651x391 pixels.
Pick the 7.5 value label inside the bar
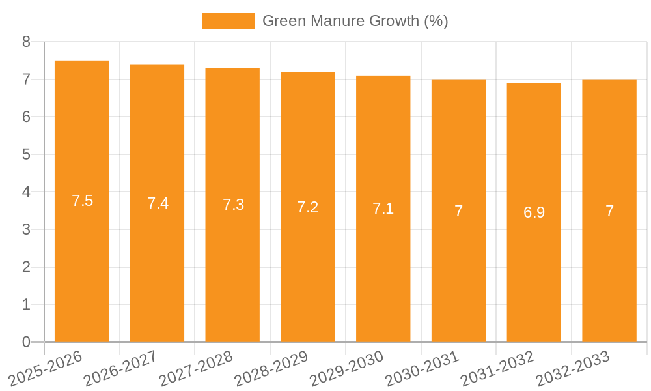[x=83, y=201]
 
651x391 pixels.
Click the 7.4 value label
[x=158, y=203]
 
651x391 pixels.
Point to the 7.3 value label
[x=233, y=205]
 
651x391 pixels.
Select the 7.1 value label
[x=383, y=209]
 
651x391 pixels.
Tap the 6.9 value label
[x=534, y=212]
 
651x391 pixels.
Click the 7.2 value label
[x=308, y=207]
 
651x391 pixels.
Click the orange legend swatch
[x=228, y=21]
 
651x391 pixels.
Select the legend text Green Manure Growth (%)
[x=355, y=21]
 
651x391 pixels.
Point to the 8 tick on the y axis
[x=26, y=42]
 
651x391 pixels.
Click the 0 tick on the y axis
[x=26, y=342]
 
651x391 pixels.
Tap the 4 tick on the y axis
[x=26, y=192]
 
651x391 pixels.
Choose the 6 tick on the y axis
[x=26, y=117]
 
